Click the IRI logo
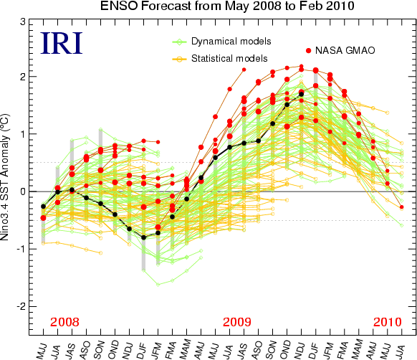62,43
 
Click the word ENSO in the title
119,6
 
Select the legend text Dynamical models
231,42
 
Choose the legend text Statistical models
229,58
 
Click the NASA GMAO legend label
345,50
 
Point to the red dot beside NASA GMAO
309,51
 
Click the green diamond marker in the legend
180,42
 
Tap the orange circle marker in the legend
180,59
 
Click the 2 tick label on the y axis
23,77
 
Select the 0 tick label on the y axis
23,191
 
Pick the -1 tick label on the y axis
21,249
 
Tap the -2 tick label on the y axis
21,306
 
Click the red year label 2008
64,322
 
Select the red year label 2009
236,322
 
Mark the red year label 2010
387,322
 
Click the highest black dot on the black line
302,94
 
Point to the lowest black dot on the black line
143,237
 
